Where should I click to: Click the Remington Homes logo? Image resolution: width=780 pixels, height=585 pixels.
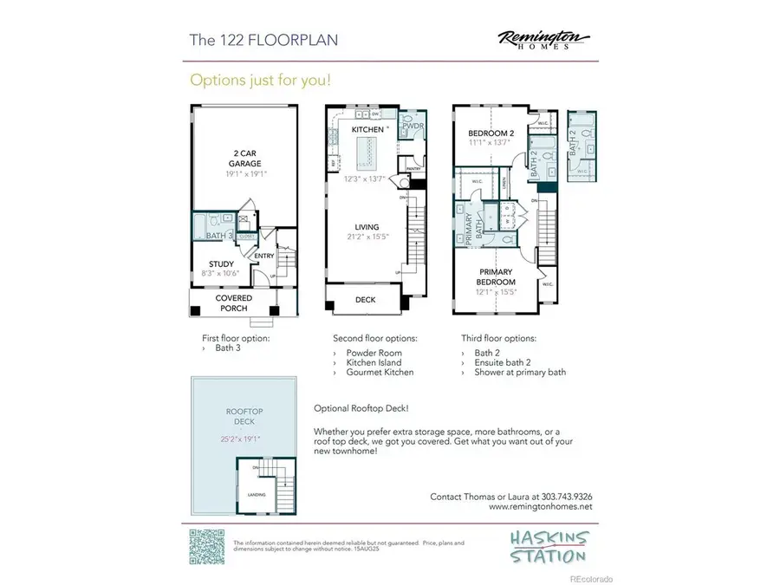543,40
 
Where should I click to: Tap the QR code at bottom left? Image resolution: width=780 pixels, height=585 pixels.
206,546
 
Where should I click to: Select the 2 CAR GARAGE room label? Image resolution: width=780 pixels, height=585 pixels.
243,158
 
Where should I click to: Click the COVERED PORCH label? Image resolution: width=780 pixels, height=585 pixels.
234,302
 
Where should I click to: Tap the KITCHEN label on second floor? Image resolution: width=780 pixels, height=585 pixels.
367,129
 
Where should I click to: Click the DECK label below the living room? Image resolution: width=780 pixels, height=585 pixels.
366,301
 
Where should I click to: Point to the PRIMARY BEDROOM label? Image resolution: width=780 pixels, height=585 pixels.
495,277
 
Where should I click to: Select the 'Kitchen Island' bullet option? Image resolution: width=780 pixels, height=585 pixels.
374,363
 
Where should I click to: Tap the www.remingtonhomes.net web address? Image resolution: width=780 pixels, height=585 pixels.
541,507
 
